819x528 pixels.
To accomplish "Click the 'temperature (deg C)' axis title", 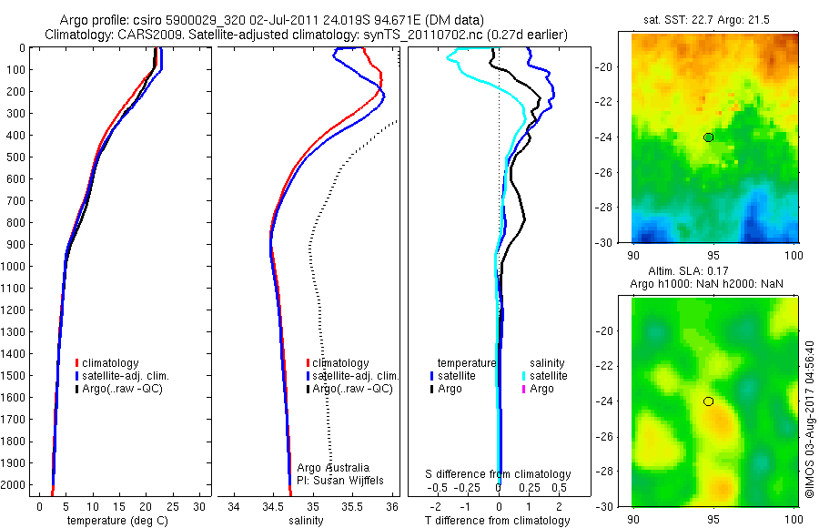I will (x=116, y=521).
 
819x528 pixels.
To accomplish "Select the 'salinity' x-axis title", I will (x=310, y=521).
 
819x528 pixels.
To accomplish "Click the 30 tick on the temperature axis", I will (x=201, y=506).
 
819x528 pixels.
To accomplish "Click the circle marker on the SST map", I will (x=708, y=137).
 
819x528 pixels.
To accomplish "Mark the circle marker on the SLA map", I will (x=708, y=401).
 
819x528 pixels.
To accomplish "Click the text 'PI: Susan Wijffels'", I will (x=342, y=480).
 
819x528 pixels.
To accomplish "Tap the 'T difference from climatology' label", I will (x=499, y=521).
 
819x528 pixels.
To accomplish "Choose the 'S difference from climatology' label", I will (x=499, y=474).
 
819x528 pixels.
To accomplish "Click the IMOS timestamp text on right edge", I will (x=809, y=421).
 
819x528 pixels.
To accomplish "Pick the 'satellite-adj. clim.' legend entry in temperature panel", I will (x=126, y=376).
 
